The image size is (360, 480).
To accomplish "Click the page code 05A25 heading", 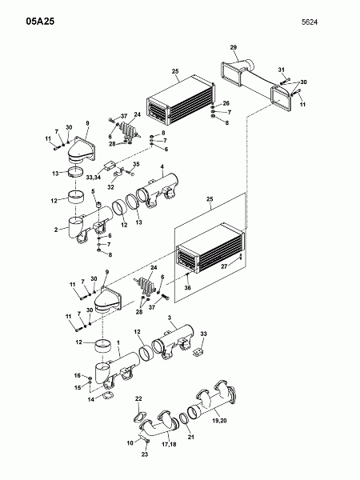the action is point(40,22).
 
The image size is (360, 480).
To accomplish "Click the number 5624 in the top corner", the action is point(310,22).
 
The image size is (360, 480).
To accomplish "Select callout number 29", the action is point(234,47).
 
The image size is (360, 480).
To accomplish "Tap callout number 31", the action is point(282,70).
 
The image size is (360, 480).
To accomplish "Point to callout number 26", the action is point(226,103).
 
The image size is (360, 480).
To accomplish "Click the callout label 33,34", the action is point(94,178).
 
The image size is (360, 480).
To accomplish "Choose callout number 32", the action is point(110,187).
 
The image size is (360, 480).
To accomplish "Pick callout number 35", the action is point(136,164).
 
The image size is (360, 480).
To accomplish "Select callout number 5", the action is point(93,191).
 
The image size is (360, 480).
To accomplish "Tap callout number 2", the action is point(56,230).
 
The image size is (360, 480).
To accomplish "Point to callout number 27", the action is point(224,266).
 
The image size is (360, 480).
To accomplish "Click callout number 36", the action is point(187,287).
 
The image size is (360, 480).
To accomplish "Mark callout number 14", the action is point(91,399).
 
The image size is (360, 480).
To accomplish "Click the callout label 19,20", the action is point(219,421).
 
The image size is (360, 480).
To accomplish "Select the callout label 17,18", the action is point(169,444).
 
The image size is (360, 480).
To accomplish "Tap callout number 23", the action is point(145,454).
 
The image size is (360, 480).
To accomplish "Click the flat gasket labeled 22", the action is point(139,418).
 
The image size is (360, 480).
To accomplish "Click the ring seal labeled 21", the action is point(183,418).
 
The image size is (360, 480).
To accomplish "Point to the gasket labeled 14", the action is point(107,396).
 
